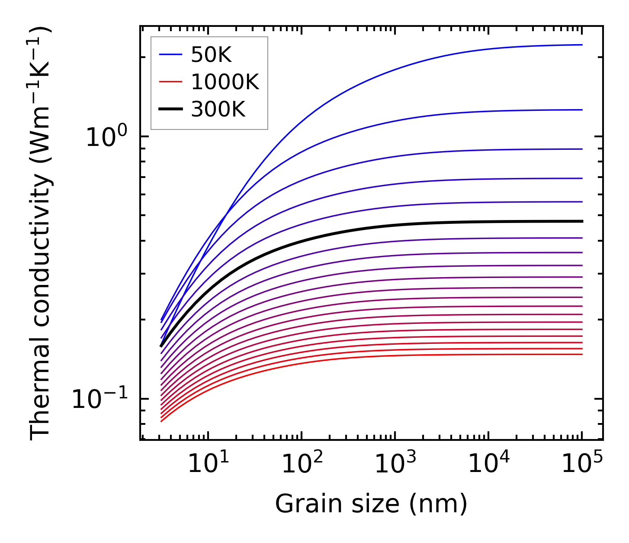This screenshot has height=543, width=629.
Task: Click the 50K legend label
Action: click(211, 55)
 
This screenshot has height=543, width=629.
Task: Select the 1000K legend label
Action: click(225, 82)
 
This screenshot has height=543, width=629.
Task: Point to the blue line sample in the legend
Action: click(172, 55)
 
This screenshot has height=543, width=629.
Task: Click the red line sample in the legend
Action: click(172, 82)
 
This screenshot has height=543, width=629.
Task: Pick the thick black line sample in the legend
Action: click(172, 110)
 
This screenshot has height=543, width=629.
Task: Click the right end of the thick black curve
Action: click(582, 221)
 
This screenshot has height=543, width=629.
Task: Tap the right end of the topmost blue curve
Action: click(582, 45)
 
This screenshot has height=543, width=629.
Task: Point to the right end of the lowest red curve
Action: click(582, 354)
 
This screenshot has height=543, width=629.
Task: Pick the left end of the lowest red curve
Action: click(161, 421)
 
